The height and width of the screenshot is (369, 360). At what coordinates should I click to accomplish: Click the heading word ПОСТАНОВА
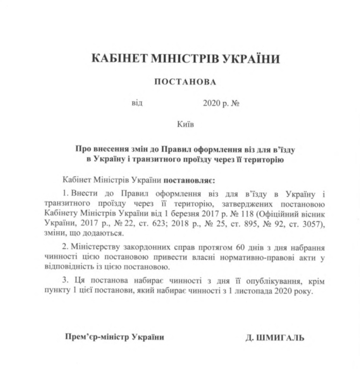pos(185,81)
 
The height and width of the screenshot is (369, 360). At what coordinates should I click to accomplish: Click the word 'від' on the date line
pos(137,102)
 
